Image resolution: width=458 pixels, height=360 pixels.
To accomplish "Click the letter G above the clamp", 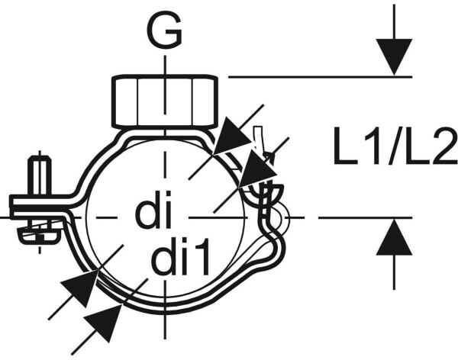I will point(164,31).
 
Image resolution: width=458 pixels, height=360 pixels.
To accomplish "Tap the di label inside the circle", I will point(154,213).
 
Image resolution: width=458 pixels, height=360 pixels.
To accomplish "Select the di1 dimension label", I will point(181,260).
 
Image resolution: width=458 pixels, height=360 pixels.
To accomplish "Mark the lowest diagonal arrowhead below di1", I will point(106,321).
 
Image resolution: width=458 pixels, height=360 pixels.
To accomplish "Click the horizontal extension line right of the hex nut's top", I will point(321,76).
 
